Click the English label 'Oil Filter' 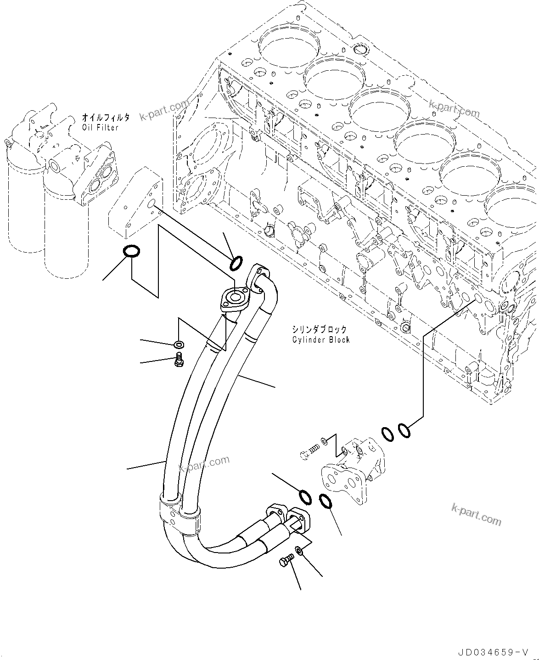(x=100, y=127)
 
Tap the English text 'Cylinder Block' (x=321, y=339)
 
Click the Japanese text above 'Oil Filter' (x=106, y=118)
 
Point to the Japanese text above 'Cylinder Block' (x=320, y=329)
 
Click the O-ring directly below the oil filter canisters (x=131, y=251)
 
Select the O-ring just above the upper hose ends (x=236, y=263)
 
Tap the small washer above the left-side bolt (x=179, y=344)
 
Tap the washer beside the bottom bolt (x=298, y=550)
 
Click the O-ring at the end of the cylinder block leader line (x=404, y=430)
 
